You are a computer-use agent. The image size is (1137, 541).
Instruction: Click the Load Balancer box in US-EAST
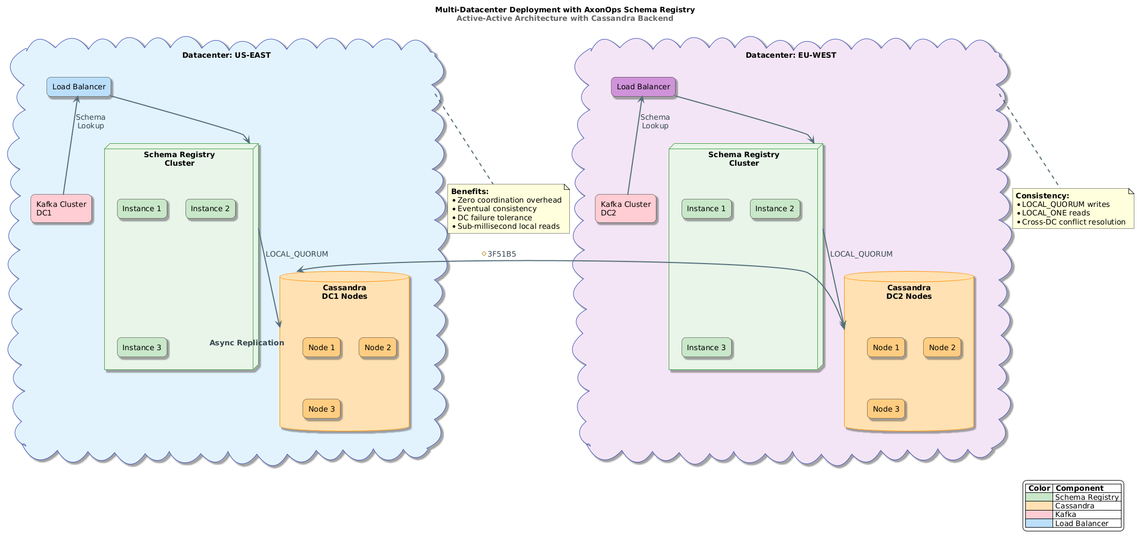click(x=79, y=87)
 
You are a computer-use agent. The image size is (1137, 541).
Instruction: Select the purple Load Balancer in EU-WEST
click(x=643, y=87)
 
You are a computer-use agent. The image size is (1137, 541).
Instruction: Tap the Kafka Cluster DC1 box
click(x=61, y=208)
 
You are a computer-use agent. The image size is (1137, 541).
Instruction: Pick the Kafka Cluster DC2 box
click(x=625, y=208)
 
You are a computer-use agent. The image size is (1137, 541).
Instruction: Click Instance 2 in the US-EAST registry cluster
click(x=210, y=209)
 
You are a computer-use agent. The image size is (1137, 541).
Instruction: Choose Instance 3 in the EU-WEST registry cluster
click(x=706, y=348)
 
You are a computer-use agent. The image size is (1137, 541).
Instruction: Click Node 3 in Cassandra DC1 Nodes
click(x=321, y=409)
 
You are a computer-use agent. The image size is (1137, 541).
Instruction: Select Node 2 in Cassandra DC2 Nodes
click(x=942, y=348)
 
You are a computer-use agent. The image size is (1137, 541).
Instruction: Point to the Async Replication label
click(x=246, y=343)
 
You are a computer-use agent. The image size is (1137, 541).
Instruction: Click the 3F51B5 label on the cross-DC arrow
click(x=501, y=254)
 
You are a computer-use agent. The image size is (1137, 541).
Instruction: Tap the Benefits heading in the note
click(x=470, y=191)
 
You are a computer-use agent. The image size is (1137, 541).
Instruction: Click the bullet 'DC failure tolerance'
click(x=494, y=218)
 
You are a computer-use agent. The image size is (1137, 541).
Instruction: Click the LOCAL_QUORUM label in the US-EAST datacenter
click(x=297, y=254)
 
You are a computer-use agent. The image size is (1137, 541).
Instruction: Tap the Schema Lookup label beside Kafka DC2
click(x=655, y=121)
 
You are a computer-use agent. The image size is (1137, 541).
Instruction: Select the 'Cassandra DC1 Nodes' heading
click(x=344, y=292)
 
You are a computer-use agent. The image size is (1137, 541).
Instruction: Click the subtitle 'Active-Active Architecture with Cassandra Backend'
click(x=564, y=19)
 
